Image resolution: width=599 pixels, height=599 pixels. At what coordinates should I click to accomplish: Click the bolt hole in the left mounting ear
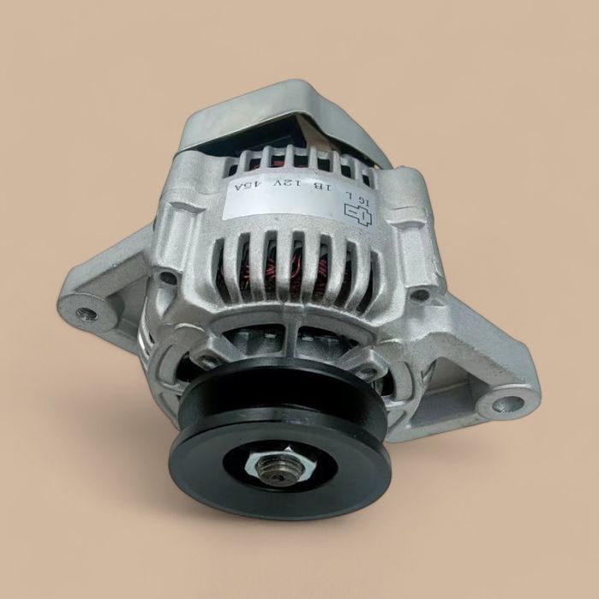point(83,312)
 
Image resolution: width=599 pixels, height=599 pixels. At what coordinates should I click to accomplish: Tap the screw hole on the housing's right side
point(419,294)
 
